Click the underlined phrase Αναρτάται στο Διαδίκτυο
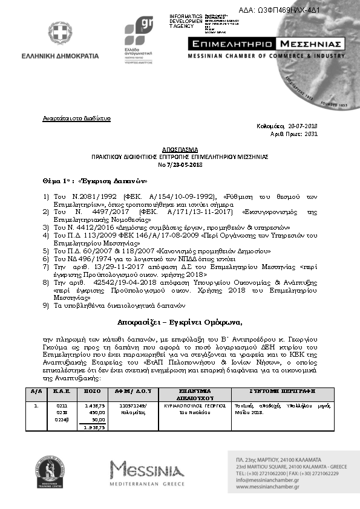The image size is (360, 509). tap(76, 118)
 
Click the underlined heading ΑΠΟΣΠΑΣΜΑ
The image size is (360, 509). tap(179, 149)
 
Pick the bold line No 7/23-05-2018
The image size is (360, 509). tap(179, 164)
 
